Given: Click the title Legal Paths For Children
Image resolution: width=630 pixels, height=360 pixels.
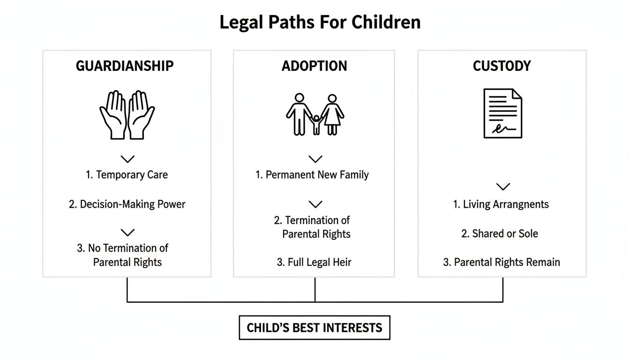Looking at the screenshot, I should [x=320, y=22].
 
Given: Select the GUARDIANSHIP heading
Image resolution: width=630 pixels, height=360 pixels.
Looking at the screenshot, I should [x=125, y=66].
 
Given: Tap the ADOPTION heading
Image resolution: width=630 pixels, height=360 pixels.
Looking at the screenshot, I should [x=315, y=66].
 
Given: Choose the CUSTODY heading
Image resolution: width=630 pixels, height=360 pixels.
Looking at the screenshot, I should [x=502, y=66].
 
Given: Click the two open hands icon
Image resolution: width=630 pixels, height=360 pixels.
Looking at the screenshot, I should [x=127, y=115].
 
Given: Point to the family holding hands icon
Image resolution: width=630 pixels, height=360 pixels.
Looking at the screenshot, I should [x=315, y=115].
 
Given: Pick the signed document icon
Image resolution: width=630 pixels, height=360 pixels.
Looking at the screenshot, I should [x=502, y=113].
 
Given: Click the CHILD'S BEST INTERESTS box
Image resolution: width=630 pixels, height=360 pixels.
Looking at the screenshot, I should [x=315, y=327].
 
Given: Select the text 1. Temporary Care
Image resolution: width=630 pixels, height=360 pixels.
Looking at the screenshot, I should [x=127, y=175].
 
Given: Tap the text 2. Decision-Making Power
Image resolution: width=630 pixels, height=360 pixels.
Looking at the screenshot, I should [x=127, y=204].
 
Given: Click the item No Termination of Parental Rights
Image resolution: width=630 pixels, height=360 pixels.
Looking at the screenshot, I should [x=123, y=255].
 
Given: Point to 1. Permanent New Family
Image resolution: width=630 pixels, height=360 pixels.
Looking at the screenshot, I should [x=312, y=175].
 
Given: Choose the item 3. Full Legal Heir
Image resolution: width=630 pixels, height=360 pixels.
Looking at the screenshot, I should [x=314, y=262].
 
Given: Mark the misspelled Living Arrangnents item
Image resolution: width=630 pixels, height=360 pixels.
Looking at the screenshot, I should [x=501, y=204].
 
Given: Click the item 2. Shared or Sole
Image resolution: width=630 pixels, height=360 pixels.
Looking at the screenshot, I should [x=500, y=233].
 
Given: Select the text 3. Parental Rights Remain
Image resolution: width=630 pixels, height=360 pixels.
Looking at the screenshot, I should [x=502, y=262].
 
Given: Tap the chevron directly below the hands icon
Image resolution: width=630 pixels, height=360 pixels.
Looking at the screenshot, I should [x=127, y=159].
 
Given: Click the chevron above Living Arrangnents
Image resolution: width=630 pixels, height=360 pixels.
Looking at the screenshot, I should [x=503, y=187].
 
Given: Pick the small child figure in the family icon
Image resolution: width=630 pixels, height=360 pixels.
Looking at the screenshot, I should [x=316, y=124].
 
